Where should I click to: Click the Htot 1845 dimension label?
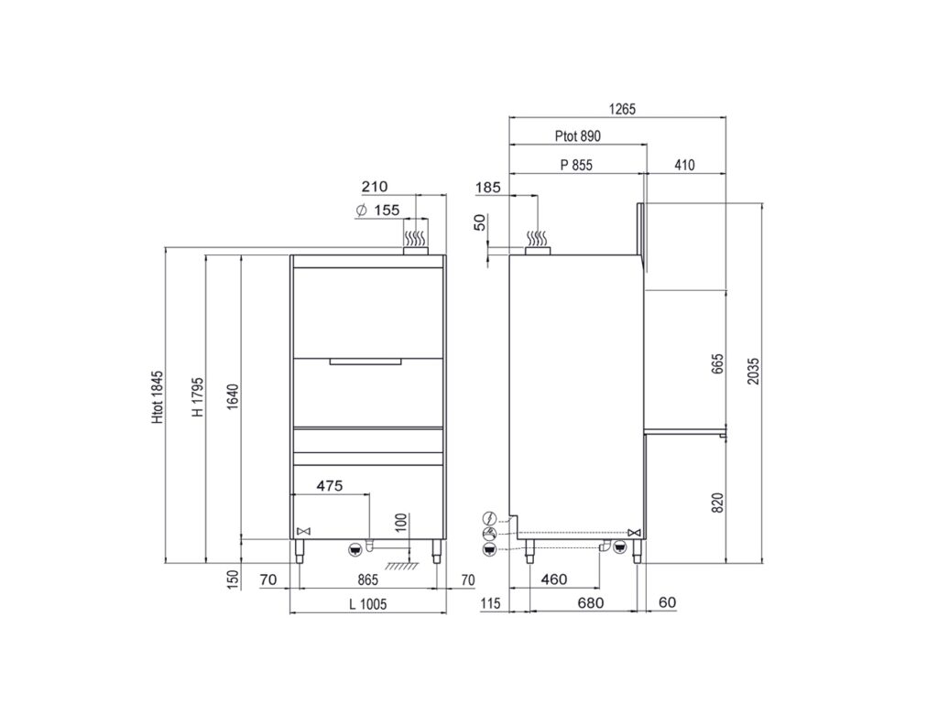[157, 397]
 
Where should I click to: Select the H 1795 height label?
[198, 396]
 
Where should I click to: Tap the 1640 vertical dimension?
[233, 396]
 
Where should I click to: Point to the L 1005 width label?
[368, 604]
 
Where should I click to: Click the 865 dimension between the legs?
[368, 579]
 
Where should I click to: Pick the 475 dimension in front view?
[330, 486]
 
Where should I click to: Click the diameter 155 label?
[377, 211]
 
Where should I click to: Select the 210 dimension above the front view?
[375, 187]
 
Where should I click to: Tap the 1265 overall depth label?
[622, 109]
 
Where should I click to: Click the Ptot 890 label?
[577, 136]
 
